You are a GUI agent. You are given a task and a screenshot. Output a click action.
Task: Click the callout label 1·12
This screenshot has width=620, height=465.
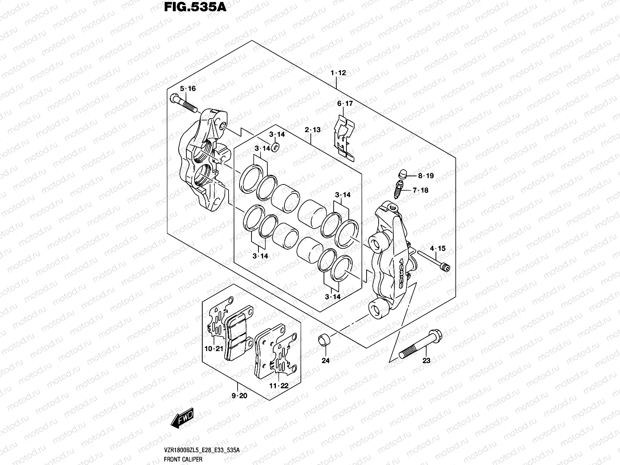click(x=338, y=72)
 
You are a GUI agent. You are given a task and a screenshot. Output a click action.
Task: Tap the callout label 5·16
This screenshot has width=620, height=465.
click(x=188, y=89)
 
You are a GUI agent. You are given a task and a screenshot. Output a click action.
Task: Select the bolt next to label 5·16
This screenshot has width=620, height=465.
click(x=183, y=103)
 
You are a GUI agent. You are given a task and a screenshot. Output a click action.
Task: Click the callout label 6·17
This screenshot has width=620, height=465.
click(x=345, y=103)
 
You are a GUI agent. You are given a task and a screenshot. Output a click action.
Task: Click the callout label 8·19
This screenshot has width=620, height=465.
click(x=425, y=176)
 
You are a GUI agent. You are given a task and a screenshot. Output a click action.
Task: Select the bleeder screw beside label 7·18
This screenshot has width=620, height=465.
click(x=398, y=189)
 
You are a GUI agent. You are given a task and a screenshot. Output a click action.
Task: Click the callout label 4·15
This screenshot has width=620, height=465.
click(x=437, y=248)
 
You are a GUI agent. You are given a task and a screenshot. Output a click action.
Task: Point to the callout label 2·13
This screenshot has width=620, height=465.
click(x=313, y=130)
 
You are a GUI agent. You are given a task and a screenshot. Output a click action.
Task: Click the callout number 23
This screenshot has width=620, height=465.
click(x=426, y=361)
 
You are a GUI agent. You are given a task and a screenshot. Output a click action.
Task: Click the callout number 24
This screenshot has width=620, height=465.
click(x=325, y=361)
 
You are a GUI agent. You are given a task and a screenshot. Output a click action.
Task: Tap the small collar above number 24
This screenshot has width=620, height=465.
click(x=324, y=340)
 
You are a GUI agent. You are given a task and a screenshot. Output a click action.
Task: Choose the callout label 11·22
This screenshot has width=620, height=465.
click(x=279, y=386)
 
